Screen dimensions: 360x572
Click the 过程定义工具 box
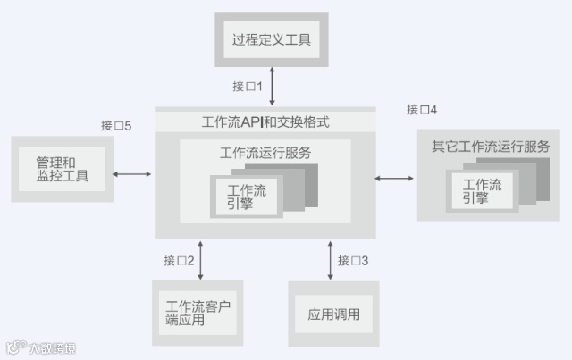(271, 40)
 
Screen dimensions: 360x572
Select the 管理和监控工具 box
(62, 169)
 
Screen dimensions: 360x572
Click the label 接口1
(248, 87)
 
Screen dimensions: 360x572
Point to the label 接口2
(179, 261)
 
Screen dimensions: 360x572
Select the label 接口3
(353, 261)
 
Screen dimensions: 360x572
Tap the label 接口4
(422, 110)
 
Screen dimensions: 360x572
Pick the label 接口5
(116, 126)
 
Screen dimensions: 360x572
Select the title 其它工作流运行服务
(490, 146)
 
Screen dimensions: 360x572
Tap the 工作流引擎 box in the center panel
(247, 196)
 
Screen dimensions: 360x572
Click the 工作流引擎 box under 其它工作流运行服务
(483, 191)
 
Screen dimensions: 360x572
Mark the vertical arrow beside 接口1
(271, 88)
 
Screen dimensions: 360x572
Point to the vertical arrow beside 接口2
(201, 260)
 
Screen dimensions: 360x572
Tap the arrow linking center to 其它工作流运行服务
(395, 179)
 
